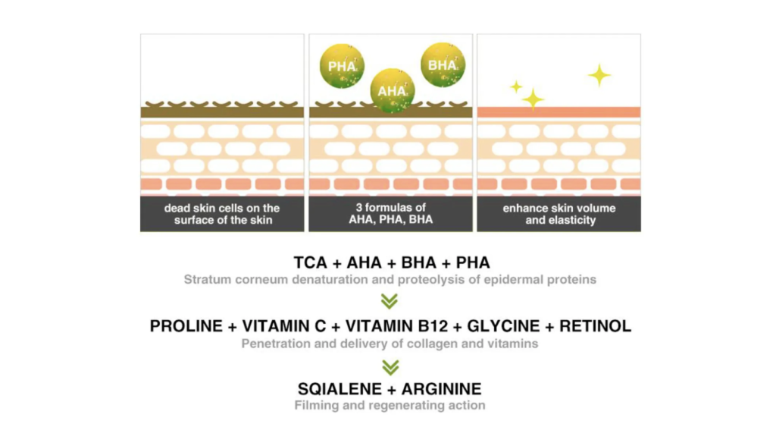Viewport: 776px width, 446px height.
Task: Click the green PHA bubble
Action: (342, 66)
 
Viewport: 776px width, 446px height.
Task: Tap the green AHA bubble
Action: (393, 91)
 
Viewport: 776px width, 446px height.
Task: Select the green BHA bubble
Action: (443, 65)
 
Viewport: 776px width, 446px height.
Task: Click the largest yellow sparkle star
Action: (599, 75)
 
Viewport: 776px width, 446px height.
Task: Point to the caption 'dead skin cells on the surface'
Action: (222, 214)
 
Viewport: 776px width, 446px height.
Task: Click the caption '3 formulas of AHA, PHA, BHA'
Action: (390, 214)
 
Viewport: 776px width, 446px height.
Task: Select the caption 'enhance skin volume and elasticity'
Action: (559, 214)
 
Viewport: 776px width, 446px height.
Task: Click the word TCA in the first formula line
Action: (310, 262)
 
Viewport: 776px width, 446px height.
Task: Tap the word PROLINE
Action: (186, 326)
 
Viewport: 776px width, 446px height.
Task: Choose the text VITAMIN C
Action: (284, 326)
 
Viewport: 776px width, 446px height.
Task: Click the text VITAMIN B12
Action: (396, 326)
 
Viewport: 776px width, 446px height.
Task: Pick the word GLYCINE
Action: (503, 326)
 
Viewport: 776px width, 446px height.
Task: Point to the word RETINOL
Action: (596, 326)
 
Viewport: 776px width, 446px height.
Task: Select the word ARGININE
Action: (442, 389)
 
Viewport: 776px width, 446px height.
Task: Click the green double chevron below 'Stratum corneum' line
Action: (390, 301)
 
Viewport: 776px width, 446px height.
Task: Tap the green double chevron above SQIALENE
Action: (390, 367)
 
